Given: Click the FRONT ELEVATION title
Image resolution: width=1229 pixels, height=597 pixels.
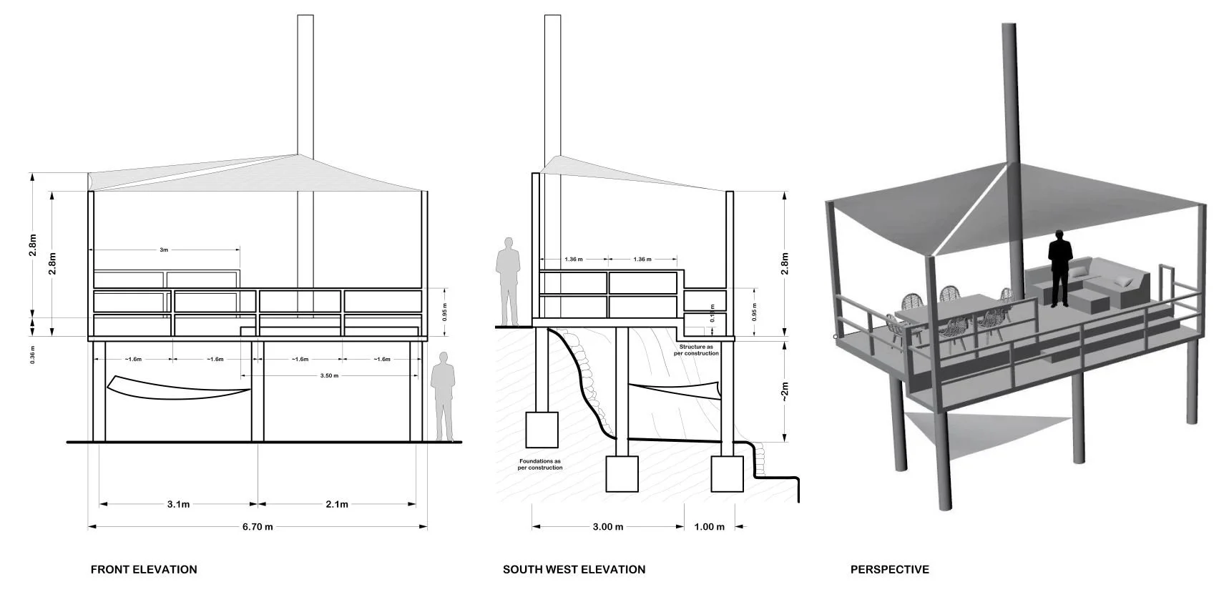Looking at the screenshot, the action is click(x=143, y=570).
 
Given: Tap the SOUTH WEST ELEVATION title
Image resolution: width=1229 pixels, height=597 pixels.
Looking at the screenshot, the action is click(x=574, y=570).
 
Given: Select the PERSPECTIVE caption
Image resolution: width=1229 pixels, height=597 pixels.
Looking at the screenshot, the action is click(x=889, y=570).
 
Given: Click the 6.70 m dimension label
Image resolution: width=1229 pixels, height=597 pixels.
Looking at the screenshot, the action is click(x=258, y=527).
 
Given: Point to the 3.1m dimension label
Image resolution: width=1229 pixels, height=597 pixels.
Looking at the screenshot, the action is click(x=178, y=504).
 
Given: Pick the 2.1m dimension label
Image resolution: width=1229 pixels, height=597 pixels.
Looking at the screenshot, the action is click(x=336, y=504).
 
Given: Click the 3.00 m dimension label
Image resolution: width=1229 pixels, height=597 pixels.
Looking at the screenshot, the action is click(x=608, y=527).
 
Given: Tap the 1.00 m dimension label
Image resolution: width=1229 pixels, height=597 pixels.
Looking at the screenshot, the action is click(x=709, y=527).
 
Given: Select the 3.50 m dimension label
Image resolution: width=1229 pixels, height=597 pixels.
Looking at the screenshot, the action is click(x=328, y=375).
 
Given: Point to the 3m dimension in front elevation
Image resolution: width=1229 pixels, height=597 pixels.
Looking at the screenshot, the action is click(x=164, y=250).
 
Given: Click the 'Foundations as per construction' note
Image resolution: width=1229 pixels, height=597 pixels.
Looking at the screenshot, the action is click(x=540, y=464).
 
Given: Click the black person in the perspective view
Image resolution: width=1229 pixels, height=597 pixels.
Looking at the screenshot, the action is click(x=1059, y=269).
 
